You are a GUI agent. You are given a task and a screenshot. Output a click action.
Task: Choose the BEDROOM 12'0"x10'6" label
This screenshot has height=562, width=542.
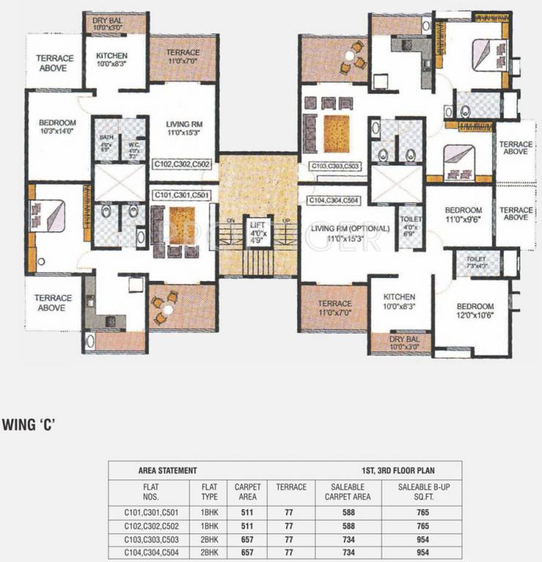pos(473,311)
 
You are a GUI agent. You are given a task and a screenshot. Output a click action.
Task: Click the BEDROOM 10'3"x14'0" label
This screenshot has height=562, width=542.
pos(58,127)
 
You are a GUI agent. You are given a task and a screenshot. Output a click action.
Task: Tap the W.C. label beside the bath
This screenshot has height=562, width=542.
pos(134,149)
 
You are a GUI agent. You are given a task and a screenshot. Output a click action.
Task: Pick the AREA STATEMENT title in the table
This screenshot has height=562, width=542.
pos(168,471)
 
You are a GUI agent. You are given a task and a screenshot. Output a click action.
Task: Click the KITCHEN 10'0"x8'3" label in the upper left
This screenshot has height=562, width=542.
pos(111,61)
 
